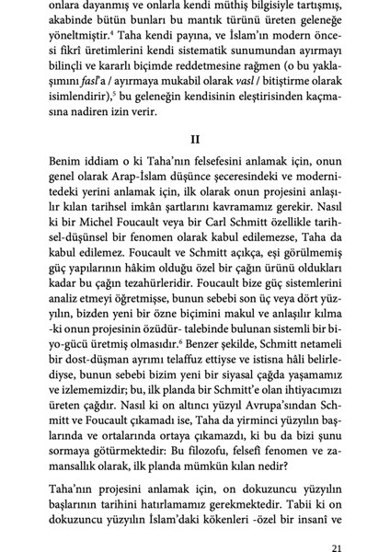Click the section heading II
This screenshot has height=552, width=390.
(194, 140)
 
